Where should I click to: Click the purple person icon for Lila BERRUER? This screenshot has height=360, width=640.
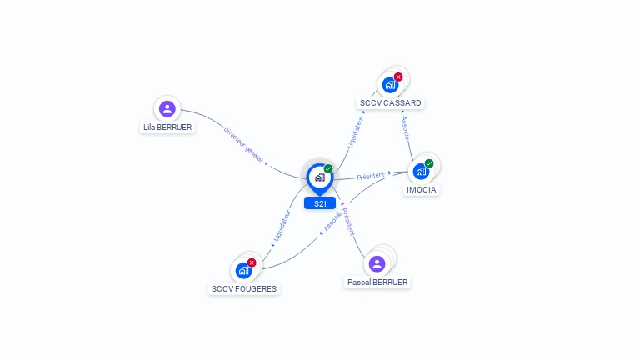167,108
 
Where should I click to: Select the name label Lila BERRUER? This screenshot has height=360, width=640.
167,127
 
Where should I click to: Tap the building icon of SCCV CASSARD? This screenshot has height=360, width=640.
389,84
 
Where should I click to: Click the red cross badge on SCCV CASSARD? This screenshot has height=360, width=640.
398,77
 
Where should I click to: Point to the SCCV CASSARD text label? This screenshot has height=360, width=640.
390,103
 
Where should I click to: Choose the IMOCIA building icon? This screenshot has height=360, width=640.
421,171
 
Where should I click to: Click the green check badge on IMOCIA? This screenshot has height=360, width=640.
429,163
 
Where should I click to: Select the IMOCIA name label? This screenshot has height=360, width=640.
421,189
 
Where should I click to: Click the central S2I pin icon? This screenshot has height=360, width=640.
319,177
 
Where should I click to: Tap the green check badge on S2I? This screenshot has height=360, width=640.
328,168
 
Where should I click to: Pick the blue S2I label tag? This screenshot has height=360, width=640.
319,203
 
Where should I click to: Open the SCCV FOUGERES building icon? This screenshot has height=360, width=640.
243,270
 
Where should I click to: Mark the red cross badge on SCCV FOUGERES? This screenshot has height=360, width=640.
252,262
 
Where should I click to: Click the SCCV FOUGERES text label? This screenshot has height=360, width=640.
243,289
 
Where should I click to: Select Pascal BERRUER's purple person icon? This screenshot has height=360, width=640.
377,263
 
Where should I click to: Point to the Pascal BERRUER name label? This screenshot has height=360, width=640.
377,282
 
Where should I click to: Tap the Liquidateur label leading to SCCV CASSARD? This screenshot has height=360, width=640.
356,132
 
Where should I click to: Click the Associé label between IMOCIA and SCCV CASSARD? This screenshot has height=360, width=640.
405,128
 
